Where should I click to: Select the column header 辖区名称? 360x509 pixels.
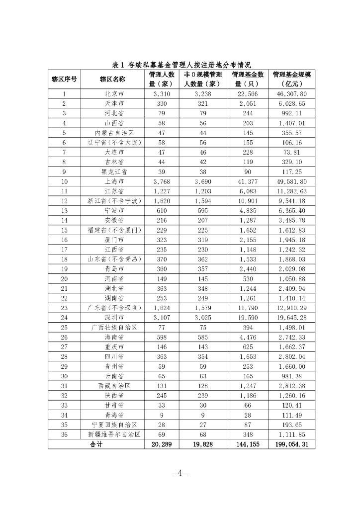pos(112,79)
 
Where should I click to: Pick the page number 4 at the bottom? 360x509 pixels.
pos(180,473)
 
